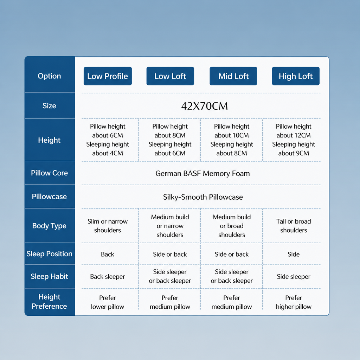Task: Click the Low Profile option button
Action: pyautogui.click(x=108, y=76)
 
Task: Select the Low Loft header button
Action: pyautogui.click(x=170, y=76)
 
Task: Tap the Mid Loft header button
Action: pyautogui.click(x=233, y=76)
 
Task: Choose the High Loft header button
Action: pyautogui.click(x=296, y=76)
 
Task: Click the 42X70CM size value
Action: pyautogui.click(x=204, y=106)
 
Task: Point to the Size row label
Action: pyautogui.click(x=49, y=105)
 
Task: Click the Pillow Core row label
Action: pyautogui.click(x=49, y=173)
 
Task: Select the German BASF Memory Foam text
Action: pyautogui.click(x=202, y=173)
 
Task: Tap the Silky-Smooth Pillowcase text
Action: pyautogui.click(x=203, y=197)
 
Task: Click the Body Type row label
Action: pyautogui.click(x=49, y=226)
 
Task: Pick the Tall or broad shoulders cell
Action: pyautogui.click(x=294, y=226)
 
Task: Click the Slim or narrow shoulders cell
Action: pyautogui.click(x=108, y=226)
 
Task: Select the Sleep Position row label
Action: pyautogui.click(x=49, y=254)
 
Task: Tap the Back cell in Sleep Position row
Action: pyautogui.click(x=108, y=254)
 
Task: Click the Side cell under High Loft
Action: pyautogui.click(x=294, y=254)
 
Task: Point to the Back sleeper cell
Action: pyautogui.click(x=108, y=277)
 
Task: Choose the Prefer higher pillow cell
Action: pyautogui.click(x=294, y=302)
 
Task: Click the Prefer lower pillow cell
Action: pyautogui.click(x=108, y=302)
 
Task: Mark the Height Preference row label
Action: pyautogui.click(x=49, y=301)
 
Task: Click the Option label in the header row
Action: pyautogui.click(x=49, y=76)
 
